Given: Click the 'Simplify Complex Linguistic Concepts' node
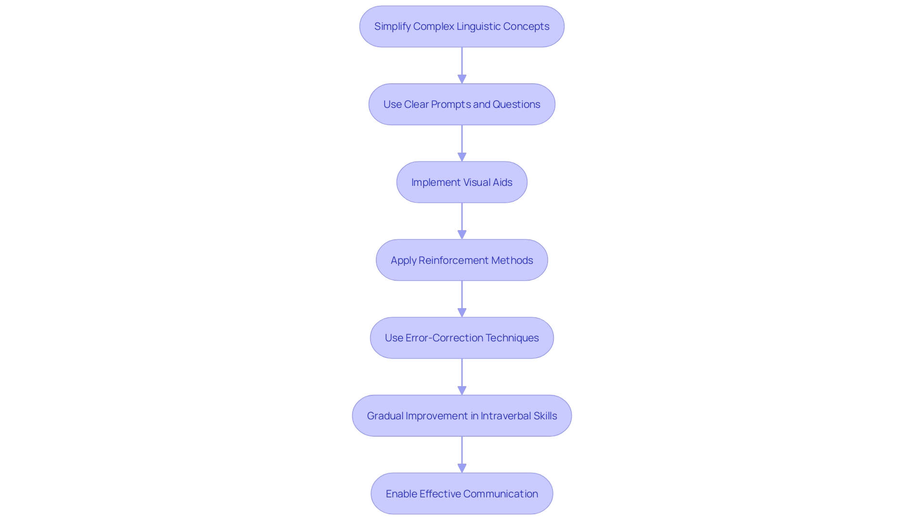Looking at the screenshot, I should [462, 26].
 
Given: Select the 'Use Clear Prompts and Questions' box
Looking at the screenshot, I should [462, 104].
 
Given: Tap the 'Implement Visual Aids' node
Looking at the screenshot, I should [462, 182].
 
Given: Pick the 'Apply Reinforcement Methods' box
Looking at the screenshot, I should [462, 260].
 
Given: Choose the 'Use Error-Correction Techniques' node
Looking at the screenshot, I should [462, 338].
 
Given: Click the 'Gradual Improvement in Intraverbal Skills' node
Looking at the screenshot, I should [462, 416].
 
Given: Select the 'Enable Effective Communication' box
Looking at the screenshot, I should [462, 494].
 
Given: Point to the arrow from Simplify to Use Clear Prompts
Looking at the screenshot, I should [462, 65].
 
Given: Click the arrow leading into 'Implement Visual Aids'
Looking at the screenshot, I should [462, 143].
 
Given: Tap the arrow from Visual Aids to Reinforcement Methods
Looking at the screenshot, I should [462, 221].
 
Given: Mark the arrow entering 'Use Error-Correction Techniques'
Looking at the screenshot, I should [462, 299].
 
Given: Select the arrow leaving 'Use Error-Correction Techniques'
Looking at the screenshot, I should [462, 377].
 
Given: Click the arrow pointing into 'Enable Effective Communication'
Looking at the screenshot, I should [462, 455].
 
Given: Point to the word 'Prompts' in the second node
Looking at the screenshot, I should [451, 104].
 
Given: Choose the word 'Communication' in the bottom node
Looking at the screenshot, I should [500, 494].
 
